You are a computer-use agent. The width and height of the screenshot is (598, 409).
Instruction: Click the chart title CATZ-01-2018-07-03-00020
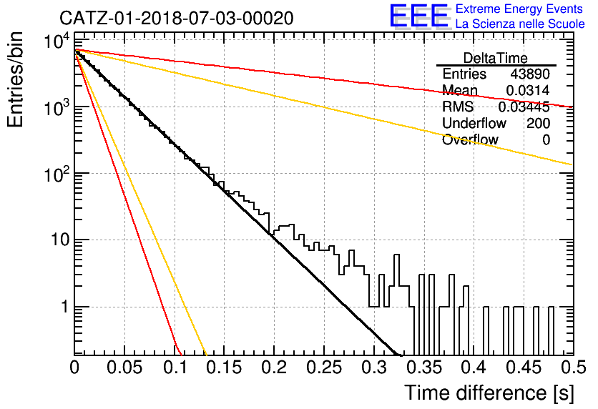[177, 18]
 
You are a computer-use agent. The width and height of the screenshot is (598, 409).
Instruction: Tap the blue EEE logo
[418, 16]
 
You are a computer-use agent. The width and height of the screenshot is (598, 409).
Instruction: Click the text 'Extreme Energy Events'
[519, 9]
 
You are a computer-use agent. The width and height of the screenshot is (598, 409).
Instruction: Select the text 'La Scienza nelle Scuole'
[520, 24]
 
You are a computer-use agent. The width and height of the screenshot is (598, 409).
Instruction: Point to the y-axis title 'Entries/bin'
[15, 79]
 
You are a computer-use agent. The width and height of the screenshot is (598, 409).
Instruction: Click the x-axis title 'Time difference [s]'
[489, 393]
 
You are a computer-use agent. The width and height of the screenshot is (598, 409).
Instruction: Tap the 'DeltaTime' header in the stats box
[495, 58]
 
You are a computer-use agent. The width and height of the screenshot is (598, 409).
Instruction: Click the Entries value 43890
[530, 74]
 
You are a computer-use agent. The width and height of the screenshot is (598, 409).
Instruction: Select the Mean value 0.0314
[528, 90]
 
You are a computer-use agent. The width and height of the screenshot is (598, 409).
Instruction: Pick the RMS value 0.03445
[524, 107]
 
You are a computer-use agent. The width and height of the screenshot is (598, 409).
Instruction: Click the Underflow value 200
[538, 124]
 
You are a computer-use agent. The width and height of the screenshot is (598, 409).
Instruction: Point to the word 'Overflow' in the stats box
[470, 140]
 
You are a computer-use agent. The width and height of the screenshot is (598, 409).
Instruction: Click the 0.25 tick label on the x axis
[324, 368]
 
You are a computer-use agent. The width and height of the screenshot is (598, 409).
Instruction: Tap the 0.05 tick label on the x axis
[124, 368]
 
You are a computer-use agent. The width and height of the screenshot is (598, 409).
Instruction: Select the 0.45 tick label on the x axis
[524, 368]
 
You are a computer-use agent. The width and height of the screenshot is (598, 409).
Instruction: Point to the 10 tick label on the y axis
[60, 240]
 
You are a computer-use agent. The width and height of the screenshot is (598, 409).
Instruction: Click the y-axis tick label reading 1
[65, 307]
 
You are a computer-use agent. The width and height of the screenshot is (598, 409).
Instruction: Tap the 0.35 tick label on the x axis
[424, 368]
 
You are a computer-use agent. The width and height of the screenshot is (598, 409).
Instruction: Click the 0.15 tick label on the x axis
[225, 368]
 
